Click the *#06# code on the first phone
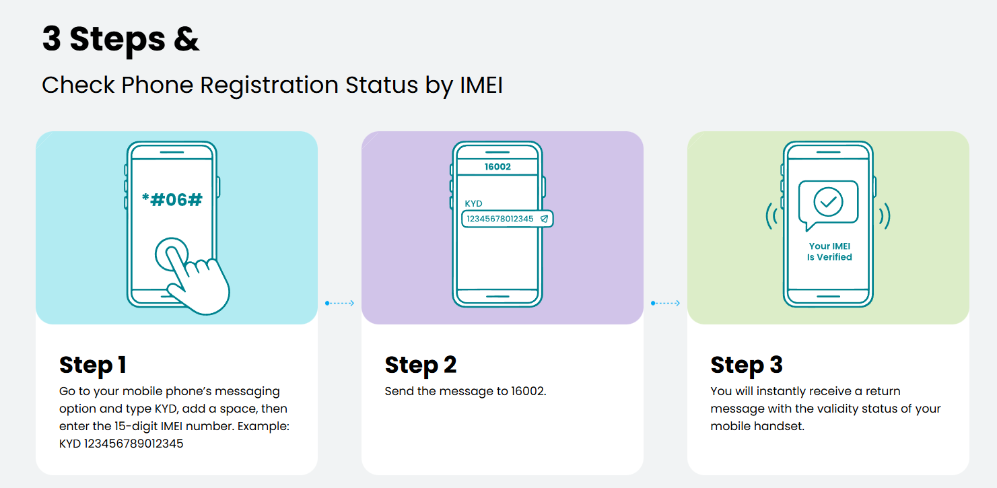(x=172, y=199)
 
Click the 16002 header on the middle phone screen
(x=497, y=166)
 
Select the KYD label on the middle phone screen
(x=473, y=203)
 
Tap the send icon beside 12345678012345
(x=544, y=219)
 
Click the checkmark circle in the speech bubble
(x=828, y=201)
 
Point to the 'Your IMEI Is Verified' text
(x=829, y=252)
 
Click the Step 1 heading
(x=93, y=365)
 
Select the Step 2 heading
(x=421, y=365)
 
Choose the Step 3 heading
(x=747, y=365)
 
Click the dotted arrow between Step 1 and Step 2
(x=339, y=304)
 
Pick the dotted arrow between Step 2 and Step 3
(x=665, y=304)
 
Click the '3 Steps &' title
(x=121, y=39)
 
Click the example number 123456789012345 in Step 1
(x=134, y=444)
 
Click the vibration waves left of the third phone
(x=771, y=215)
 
